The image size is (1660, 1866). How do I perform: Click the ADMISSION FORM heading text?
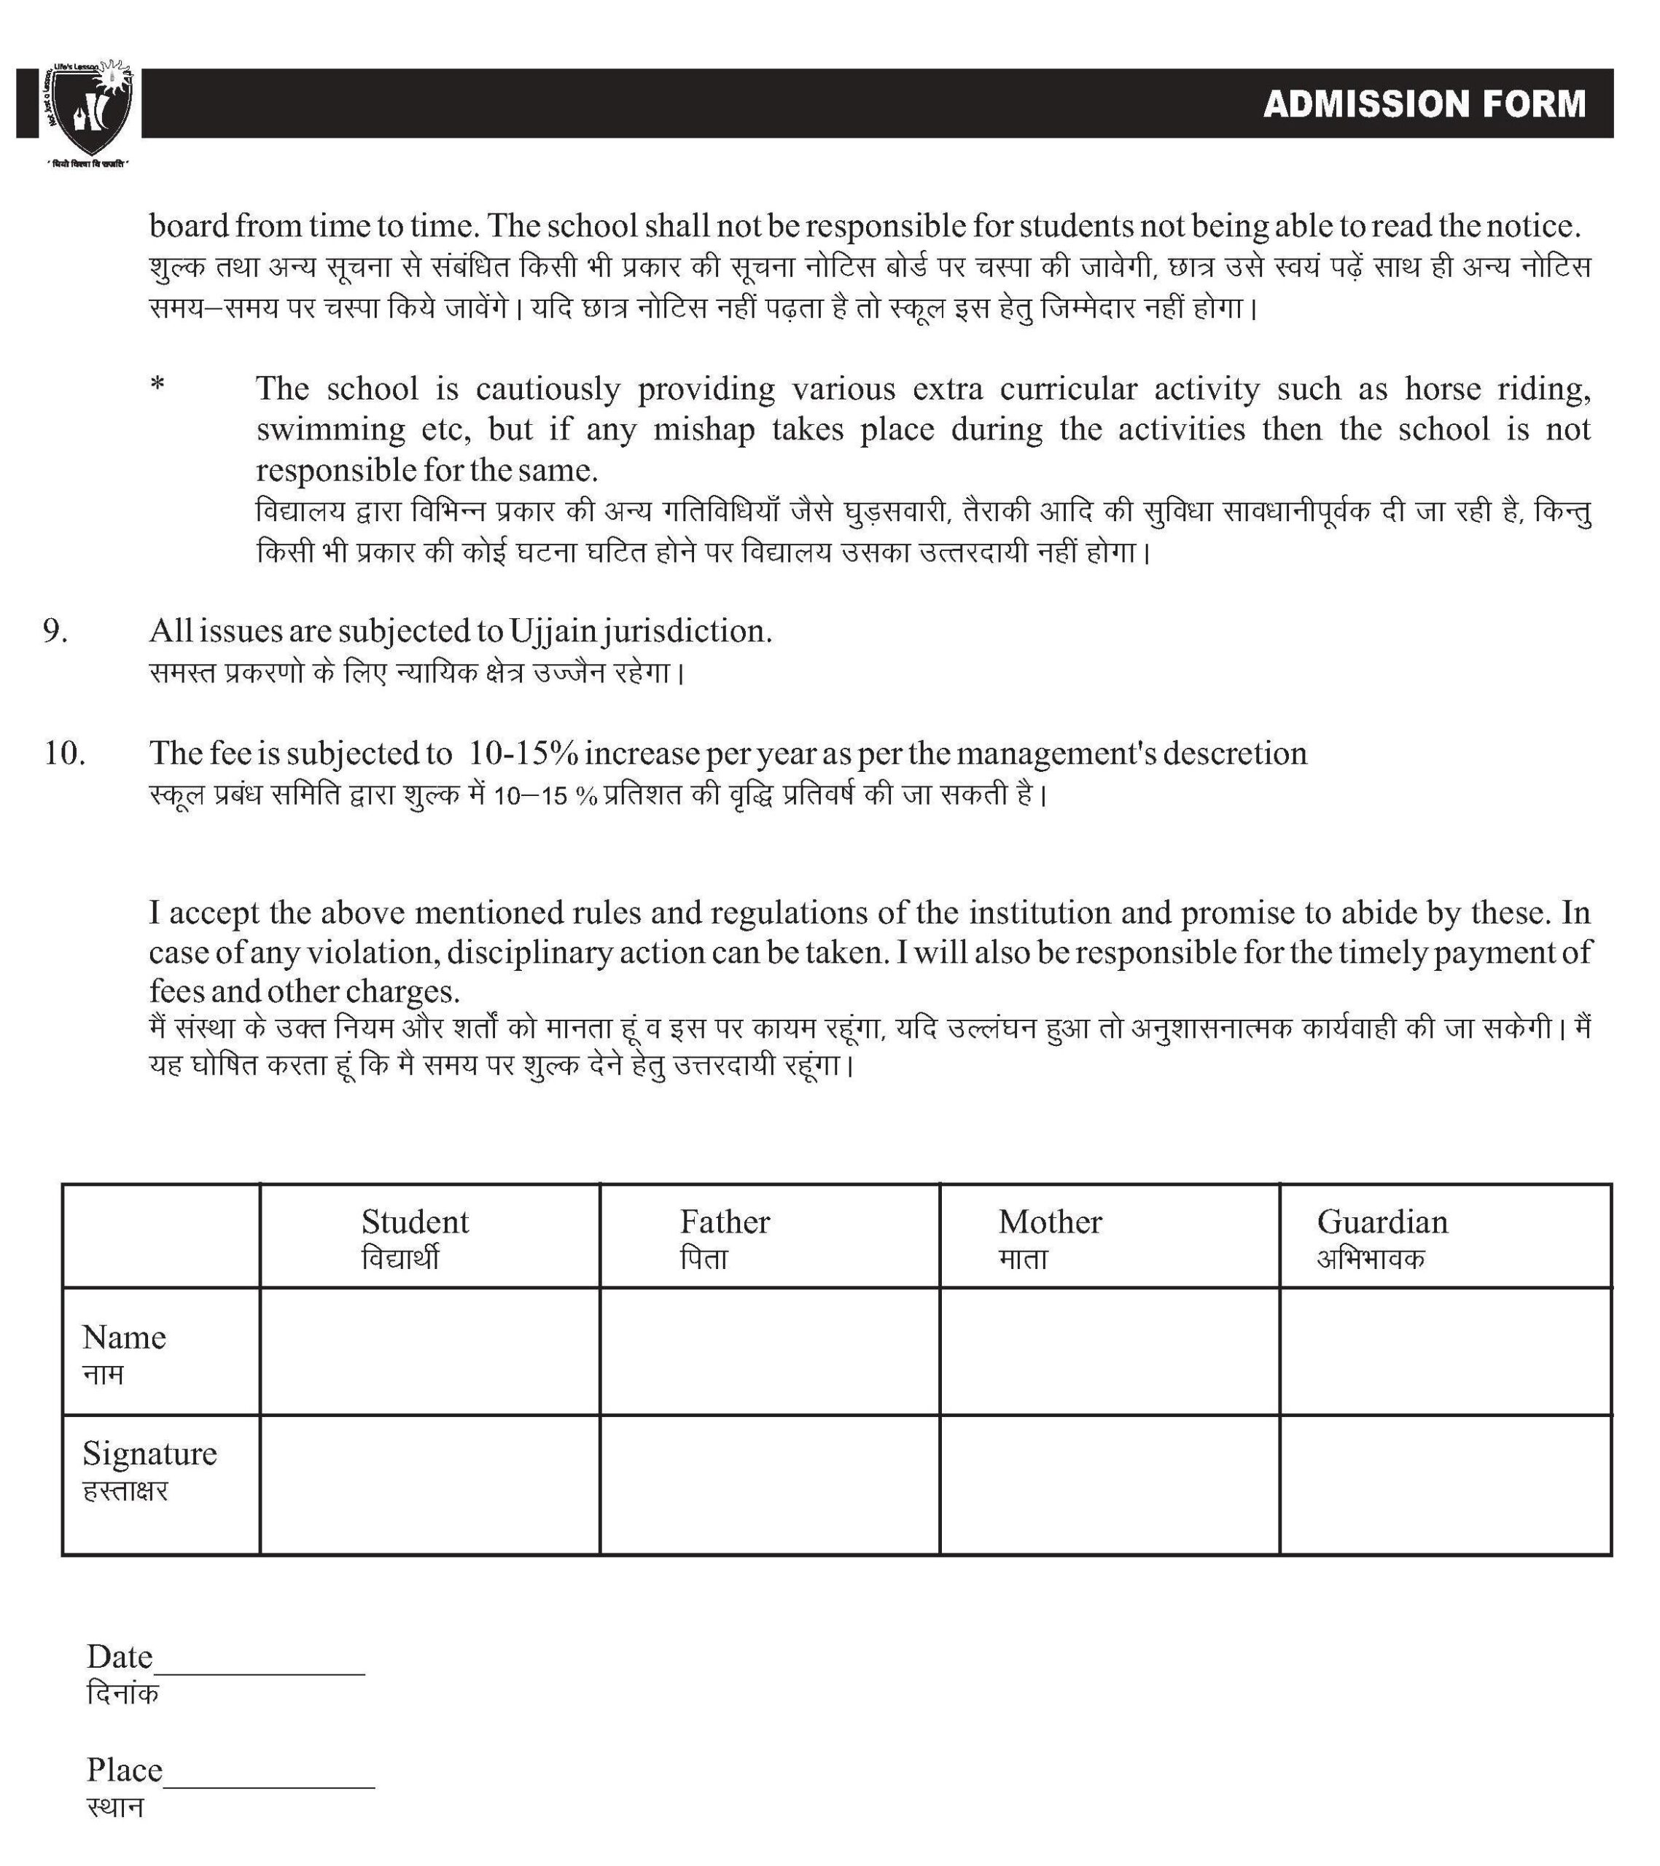coord(1424,104)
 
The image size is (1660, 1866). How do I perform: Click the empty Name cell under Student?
coord(429,1351)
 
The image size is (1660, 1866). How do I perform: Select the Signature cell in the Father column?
coord(769,1484)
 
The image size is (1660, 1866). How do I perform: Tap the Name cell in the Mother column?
coord(1109,1351)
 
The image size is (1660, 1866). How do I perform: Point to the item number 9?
coord(55,631)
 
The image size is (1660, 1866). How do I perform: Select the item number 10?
coord(65,753)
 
